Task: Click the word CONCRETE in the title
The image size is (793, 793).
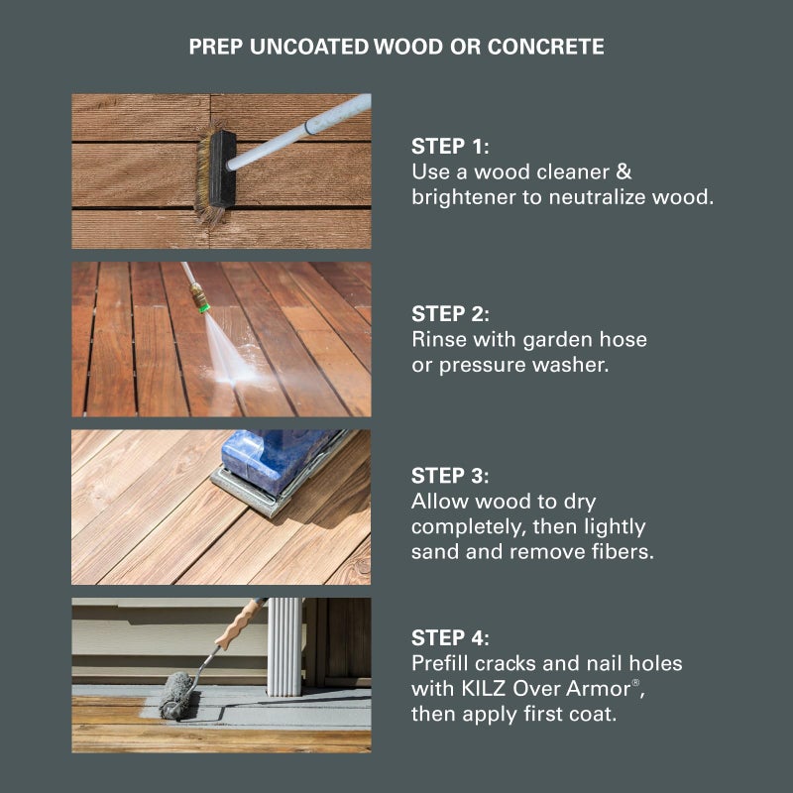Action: [546, 47]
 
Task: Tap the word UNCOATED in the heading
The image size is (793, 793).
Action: [309, 47]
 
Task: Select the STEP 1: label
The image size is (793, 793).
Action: [450, 146]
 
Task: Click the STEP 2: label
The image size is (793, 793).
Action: [450, 313]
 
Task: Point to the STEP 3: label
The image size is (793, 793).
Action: [450, 476]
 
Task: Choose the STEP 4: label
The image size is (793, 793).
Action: [450, 637]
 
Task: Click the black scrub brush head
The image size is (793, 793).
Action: [221, 170]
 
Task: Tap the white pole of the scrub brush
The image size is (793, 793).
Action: [298, 132]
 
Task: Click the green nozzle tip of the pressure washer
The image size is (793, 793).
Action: [203, 306]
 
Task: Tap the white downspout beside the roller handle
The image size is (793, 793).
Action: [284, 647]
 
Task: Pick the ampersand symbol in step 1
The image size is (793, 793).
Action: [623, 171]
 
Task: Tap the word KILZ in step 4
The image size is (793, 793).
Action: [484, 688]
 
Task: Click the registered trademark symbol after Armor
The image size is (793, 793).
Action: [635, 682]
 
